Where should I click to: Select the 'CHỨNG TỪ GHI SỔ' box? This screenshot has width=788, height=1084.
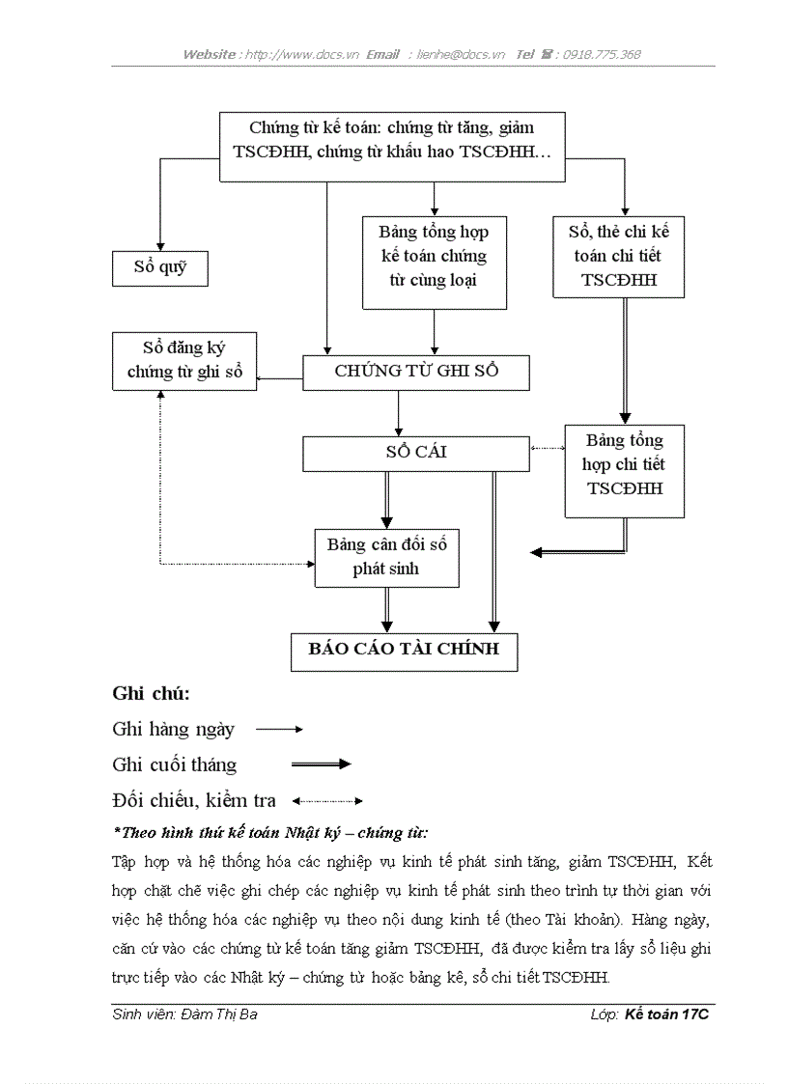415,372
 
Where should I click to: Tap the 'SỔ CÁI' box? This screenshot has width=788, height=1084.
415,453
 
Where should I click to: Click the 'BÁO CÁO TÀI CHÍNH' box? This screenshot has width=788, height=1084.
404,650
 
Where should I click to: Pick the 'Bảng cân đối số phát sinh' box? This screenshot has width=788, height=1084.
386,557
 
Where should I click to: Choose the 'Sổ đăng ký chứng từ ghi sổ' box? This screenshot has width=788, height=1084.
184,360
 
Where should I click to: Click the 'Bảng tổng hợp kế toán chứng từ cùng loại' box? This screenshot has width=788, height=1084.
434,256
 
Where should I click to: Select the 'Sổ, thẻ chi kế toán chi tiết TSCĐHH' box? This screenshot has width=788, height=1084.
618,256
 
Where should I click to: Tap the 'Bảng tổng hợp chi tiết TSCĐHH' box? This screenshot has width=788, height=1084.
625,464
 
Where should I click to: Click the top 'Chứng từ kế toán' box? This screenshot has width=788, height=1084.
391,140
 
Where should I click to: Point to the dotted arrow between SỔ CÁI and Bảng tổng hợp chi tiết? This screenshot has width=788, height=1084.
547,447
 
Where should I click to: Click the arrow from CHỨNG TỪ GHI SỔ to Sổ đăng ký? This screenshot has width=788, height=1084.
280,378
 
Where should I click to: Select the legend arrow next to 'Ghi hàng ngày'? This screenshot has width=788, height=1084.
279,730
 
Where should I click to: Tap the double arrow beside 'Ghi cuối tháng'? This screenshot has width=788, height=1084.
321,764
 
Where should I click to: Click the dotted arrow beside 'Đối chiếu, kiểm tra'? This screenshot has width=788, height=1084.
327,800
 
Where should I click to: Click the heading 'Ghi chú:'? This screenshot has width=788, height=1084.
151,693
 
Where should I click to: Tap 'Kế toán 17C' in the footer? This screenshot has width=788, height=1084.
666,1015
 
